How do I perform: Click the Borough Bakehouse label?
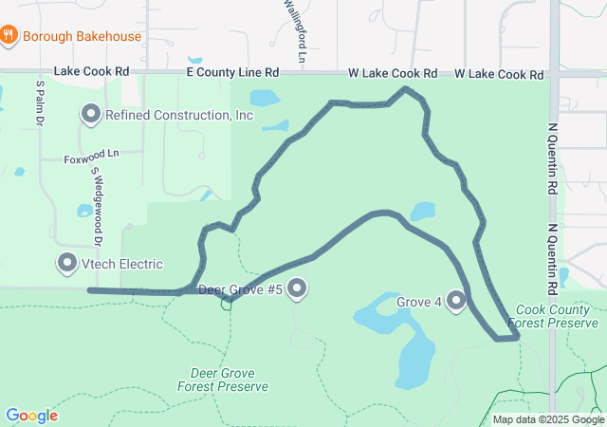pos(82,36)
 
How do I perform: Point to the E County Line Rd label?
pos(232,72)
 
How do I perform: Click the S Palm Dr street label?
pos(41,102)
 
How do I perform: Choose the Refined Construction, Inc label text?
pos(179,115)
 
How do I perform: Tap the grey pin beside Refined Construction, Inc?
pos(91,115)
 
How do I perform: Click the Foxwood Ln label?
pos(92,152)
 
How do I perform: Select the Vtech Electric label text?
pos(122,264)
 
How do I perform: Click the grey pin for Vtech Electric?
pos(67,263)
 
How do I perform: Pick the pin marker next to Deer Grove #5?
pos(298,288)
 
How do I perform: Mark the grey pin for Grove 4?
pos(456,301)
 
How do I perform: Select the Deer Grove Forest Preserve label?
pos(223,380)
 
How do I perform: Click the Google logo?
pos(31,416)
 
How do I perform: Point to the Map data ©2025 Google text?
pos(548,419)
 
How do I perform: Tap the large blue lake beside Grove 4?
pos(414,351)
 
